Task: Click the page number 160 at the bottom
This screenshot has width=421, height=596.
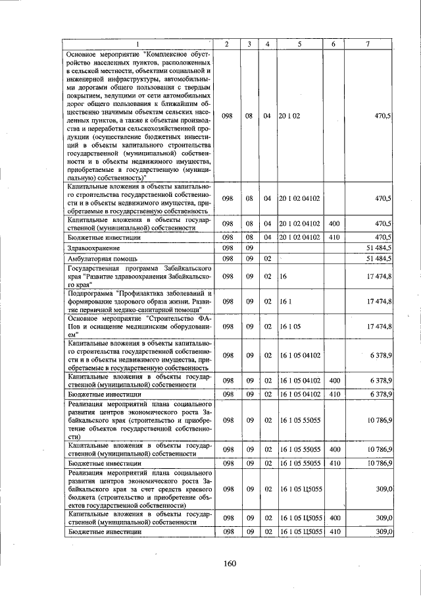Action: (x=229, y=563)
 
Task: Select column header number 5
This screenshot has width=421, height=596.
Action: (x=299, y=43)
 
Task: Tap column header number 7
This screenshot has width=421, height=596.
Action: (x=368, y=43)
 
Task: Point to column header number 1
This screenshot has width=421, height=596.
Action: (x=138, y=43)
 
